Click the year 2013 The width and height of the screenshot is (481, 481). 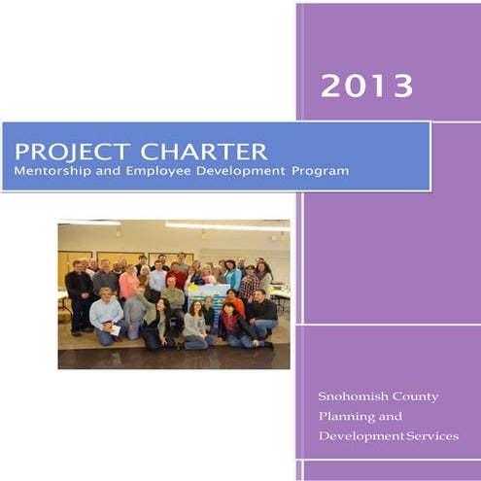(x=366, y=86)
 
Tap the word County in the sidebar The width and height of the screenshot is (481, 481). (x=417, y=396)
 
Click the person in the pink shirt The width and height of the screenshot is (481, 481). (x=128, y=285)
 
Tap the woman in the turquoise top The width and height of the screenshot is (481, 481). (x=232, y=278)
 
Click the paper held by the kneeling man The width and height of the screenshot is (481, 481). (x=114, y=329)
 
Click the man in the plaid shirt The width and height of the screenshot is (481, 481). (x=249, y=286)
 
